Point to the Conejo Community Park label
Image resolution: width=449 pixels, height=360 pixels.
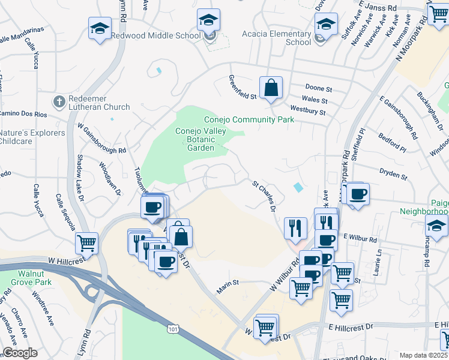click(249, 119)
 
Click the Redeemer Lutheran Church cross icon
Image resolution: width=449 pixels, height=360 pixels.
click(59, 101)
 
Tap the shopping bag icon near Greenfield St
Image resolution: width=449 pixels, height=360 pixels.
click(271, 87)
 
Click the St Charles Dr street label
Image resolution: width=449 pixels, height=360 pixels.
click(263, 193)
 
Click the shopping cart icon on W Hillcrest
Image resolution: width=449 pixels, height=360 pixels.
click(86, 244)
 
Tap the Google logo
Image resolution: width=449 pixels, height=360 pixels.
click(20, 353)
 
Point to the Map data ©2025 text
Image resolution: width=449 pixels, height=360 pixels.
click(424, 355)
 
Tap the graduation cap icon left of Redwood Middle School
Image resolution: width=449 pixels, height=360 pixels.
click(100, 28)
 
